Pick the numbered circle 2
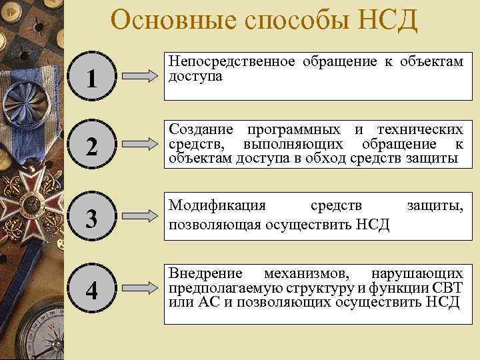coord(93,146)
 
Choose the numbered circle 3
coord(93,217)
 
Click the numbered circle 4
coord(93,291)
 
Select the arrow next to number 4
coord(141,289)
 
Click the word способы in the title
coord(281,21)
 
